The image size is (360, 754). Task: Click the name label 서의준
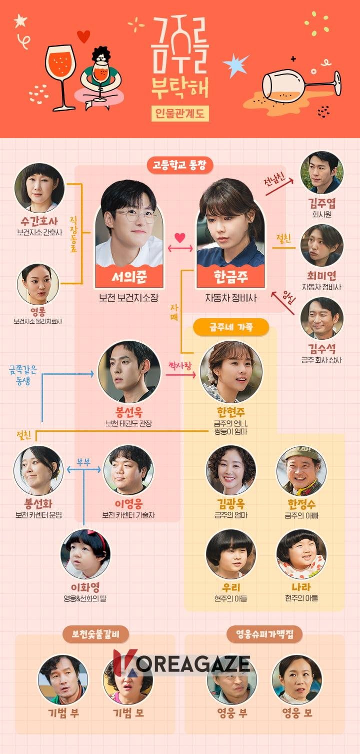coord(129,277)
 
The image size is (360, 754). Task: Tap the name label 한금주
coord(231,277)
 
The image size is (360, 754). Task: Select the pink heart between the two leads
coord(180,238)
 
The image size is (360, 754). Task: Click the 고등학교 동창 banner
coord(180,165)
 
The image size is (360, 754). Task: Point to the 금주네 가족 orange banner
coord(231,327)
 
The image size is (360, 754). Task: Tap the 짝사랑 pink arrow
coord(180,375)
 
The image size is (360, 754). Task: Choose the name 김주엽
coord(321,203)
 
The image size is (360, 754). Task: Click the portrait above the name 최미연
coord(321,245)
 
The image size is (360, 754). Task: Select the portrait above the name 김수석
coord(321,318)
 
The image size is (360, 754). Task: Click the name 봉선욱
coord(129,412)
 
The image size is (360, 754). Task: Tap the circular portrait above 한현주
coord(231,372)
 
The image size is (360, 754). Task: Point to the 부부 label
coord(84,462)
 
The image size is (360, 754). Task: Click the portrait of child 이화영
coord(85,554)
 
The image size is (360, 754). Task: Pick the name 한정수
coord(301,504)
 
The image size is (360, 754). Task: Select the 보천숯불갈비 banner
coord(95,634)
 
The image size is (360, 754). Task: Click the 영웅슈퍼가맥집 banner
coord(264,634)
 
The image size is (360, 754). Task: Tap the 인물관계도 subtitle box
coord(180,114)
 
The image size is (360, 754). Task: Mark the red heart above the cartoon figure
coord(83,37)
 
